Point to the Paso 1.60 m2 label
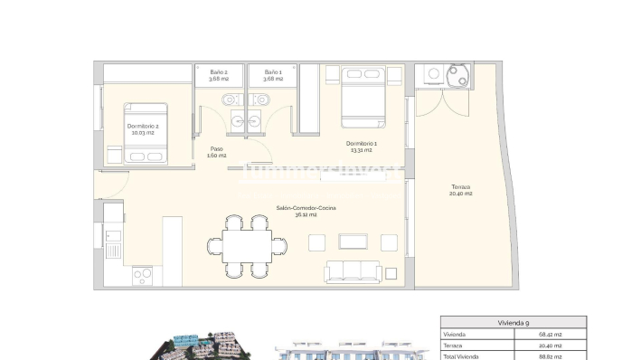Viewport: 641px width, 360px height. tap(217, 152)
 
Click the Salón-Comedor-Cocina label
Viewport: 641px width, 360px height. tap(306, 212)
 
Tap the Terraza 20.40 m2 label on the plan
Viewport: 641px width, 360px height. tap(462, 190)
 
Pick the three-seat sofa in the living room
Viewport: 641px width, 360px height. tap(353, 270)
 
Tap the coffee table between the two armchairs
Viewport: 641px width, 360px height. tap(353, 242)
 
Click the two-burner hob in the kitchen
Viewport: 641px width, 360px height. tap(143, 274)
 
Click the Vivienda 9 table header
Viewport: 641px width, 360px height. tap(513, 322)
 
